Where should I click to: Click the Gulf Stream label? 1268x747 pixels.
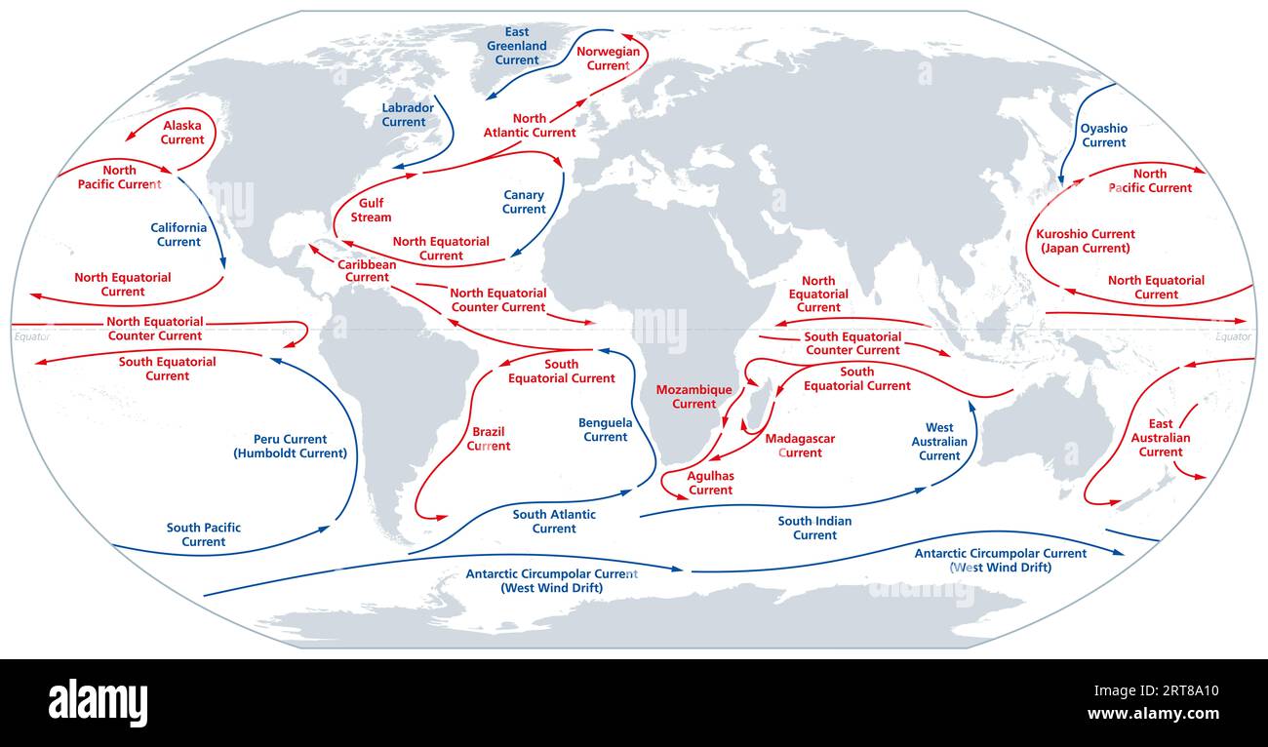click(371, 210)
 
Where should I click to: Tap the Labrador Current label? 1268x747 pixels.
click(404, 115)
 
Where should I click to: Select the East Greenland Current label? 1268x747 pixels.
click(517, 46)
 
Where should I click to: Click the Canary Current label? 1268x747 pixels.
click(524, 202)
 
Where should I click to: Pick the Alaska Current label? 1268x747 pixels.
click(182, 133)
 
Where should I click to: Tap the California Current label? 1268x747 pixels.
click(178, 235)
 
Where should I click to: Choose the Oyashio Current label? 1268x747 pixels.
click(1103, 136)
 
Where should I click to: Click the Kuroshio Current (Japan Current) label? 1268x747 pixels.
click(1086, 241)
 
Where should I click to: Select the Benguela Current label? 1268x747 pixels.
click(606, 430)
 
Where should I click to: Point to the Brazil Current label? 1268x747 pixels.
click(488, 439)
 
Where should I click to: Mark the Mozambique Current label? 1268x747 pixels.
click(693, 397)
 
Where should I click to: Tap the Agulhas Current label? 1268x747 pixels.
click(710, 483)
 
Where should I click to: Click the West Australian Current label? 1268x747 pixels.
click(939, 442)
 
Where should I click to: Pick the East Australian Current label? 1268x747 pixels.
click(1161, 438)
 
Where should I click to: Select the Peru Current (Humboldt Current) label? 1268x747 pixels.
click(290, 446)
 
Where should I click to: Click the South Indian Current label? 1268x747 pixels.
click(814, 528)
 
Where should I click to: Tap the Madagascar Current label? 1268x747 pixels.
click(800, 446)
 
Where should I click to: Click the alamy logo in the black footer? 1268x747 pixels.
click(98, 702)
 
